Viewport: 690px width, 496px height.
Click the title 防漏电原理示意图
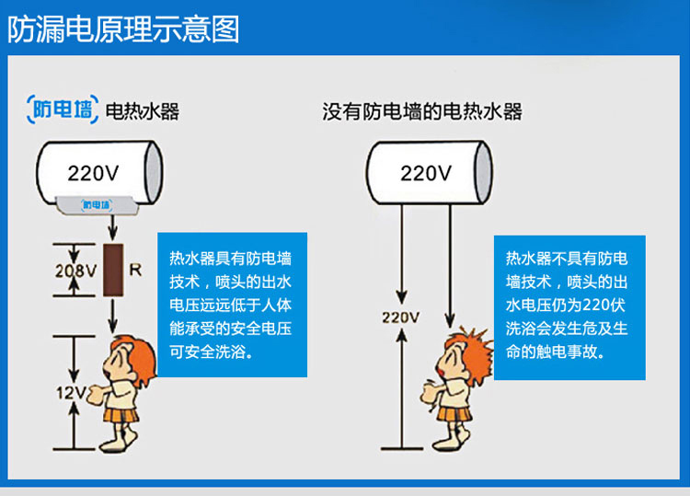pyautogui.click(x=123, y=29)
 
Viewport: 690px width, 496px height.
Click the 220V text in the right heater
pyautogui.click(x=426, y=172)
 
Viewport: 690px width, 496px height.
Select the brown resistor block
pyautogui.click(x=114, y=271)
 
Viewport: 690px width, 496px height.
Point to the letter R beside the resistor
pyautogui.click(x=135, y=271)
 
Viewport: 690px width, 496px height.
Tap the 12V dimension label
pyautogui.click(x=70, y=392)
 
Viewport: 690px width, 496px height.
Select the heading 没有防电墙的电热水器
pyautogui.click(x=422, y=111)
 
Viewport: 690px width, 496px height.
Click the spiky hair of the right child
pyautogui.click(x=457, y=336)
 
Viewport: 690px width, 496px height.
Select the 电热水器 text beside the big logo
pyautogui.click(x=143, y=111)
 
